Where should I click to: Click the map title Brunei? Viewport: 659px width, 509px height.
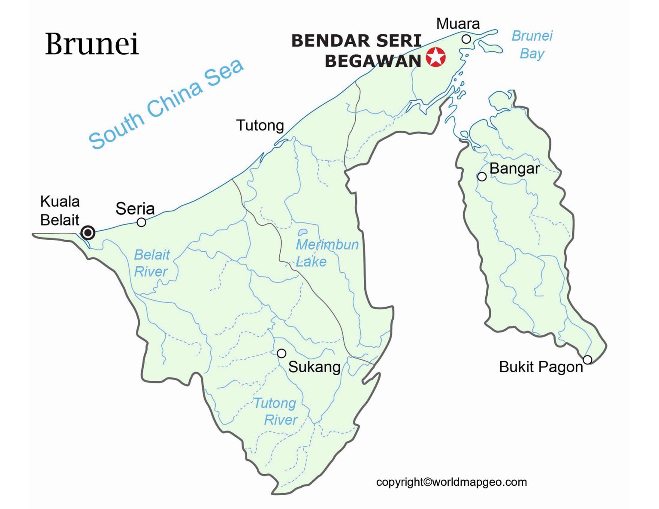(x=92, y=44)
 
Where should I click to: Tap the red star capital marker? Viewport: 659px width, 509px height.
(x=436, y=57)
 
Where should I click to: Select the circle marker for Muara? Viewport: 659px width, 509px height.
(x=466, y=39)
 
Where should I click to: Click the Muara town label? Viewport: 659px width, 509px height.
(x=458, y=24)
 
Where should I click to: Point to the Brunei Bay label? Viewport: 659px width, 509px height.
(x=532, y=45)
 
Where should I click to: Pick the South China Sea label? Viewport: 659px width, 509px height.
(x=166, y=104)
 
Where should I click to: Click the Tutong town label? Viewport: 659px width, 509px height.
(x=260, y=125)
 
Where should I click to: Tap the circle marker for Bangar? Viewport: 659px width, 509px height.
(x=482, y=177)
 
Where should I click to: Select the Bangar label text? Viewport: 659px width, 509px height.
(x=514, y=169)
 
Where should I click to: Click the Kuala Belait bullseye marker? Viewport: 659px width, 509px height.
(x=88, y=232)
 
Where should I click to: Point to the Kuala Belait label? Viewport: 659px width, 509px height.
(x=60, y=211)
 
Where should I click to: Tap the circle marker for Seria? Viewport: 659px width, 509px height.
(x=141, y=222)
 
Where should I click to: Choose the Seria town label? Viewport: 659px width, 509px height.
(x=135, y=209)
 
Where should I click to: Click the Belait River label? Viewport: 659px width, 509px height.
(x=151, y=263)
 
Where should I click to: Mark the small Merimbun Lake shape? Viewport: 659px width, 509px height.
(x=303, y=232)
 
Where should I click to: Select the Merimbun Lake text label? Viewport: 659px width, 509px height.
(x=326, y=253)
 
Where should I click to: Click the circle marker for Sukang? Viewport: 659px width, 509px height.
(x=281, y=353)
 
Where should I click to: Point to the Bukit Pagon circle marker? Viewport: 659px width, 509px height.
(x=587, y=359)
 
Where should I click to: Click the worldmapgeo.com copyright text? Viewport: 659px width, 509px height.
(x=451, y=482)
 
